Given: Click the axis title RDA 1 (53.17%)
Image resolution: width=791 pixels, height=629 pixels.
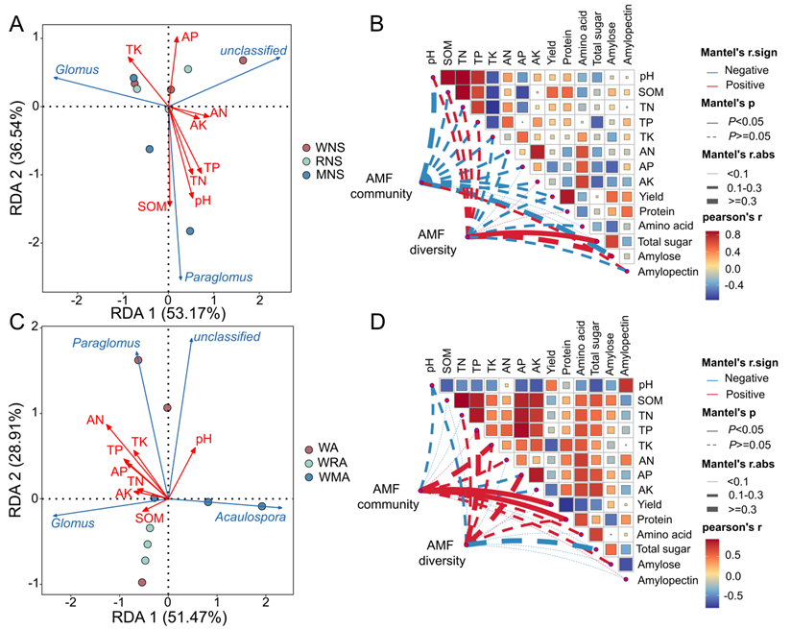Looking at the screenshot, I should pyautogui.click(x=168, y=312).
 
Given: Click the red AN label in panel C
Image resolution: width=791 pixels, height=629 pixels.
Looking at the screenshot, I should pyautogui.click(x=94, y=419).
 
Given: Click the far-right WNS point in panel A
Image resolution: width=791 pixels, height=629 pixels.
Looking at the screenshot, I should pyautogui.click(x=242, y=60).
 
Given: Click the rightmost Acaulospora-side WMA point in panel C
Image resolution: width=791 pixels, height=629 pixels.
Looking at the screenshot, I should pyautogui.click(x=262, y=506).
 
